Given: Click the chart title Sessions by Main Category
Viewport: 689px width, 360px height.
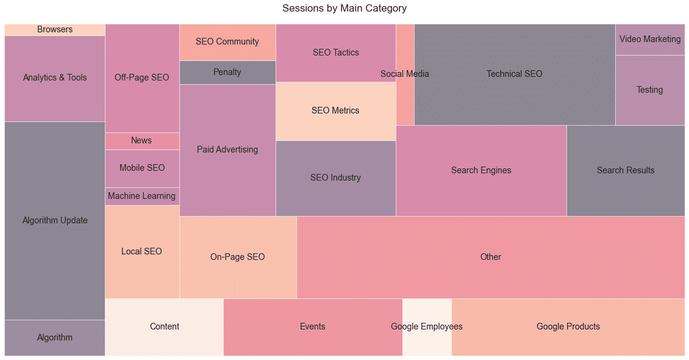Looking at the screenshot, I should pyautogui.click(x=344, y=9).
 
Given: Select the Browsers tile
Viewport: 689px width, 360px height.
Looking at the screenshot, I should pyautogui.click(x=55, y=30).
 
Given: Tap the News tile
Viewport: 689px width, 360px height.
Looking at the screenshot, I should pyautogui.click(x=141, y=141).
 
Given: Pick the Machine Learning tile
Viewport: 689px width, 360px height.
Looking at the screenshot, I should pyautogui.click(x=141, y=196).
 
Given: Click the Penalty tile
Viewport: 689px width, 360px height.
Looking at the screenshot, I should pyautogui.click(x=227, y=73).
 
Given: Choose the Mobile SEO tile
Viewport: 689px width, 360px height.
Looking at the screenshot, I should pyautogui.click(x=142, y=168).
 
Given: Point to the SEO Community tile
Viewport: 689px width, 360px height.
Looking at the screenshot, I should pyautogui.click(x=227, y=42).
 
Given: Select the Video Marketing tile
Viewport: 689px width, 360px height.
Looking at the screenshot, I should pyautogui.click(x=650, y=40).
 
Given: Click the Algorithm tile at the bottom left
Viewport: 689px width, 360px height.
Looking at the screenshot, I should pyautogui.click(x=55, y=338).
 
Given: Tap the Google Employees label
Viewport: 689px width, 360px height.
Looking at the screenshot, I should pyautogui.click(x=427, y=327).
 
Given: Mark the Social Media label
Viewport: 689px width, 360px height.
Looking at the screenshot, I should pyautogui.click(x=405, y=74).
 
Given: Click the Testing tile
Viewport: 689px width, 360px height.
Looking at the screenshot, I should pyautogui.click(x=650, y=90).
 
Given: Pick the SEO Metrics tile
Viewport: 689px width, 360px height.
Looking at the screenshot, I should pyautogui.click(x=335, y=111).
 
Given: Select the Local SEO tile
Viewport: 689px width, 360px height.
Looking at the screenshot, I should pyautogui.click(x=141, y=252).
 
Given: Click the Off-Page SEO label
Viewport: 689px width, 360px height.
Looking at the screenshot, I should pyautogui.click(x=142, y=78).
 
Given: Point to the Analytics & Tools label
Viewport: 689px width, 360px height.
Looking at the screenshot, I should pyautogui.click(x=55, y=78).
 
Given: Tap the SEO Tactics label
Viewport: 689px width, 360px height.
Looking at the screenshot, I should pyautogui.click(x=336, y=53).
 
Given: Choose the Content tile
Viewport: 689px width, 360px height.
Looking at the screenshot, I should pyautogui.click(x=165, y=327).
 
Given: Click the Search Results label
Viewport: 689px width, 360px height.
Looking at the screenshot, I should pyautogui.click(x=626, y=171).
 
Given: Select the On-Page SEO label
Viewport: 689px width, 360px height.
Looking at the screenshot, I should pyautogui.click(x=238, y=257).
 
